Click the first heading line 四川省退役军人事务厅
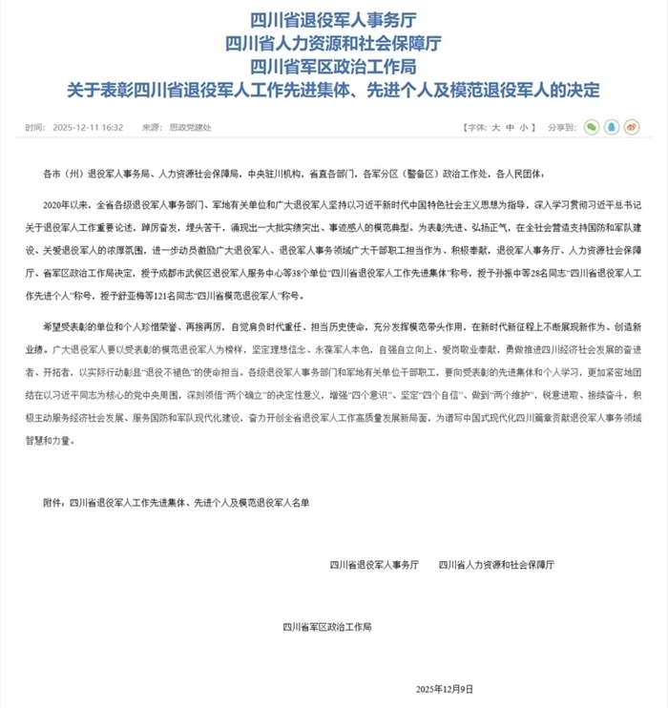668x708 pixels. click(x=333, y=19)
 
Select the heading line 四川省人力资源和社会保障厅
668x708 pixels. click(x=333, y=43)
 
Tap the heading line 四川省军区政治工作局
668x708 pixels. click(x=333, y=67)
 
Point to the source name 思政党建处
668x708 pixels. click(x=186, y=127)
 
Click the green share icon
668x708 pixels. click(x=592, y=127)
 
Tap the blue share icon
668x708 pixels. click(x=614, y=127)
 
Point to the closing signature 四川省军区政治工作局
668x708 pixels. click(x=327, y=627)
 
